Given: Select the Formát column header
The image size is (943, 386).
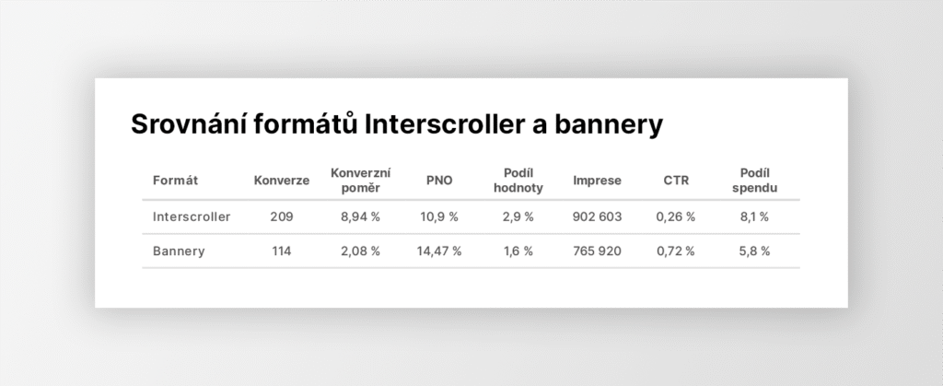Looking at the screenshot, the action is tap(175, 181).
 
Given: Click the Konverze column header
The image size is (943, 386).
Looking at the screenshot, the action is tap(282, 181).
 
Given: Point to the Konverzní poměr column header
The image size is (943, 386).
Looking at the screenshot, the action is tap(360, 181).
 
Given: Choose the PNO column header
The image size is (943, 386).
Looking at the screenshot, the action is tap(439, 181).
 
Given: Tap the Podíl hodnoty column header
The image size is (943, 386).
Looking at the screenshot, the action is tap(518, 181).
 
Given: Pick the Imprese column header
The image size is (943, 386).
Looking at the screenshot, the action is tap(597, 181).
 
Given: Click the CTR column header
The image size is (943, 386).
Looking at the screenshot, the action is tap(676, 181).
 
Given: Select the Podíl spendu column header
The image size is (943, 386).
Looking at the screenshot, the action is tap(755, 181).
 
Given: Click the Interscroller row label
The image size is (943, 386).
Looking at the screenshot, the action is tap(192, 216).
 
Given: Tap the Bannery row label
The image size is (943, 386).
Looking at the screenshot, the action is tap(179, 251).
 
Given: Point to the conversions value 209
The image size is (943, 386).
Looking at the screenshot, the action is tap(282, 216).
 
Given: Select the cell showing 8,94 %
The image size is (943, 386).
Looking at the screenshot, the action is tap(360, 217).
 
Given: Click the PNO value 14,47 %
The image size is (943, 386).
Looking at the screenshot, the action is tap(439, 251).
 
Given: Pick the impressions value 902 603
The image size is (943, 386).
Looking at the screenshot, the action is tap(597, 216).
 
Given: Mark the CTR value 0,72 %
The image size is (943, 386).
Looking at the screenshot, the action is tap(676, 251).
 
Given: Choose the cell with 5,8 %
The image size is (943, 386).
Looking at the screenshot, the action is tap(755, 251).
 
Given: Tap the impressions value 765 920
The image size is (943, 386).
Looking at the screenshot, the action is tap(597, 251).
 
